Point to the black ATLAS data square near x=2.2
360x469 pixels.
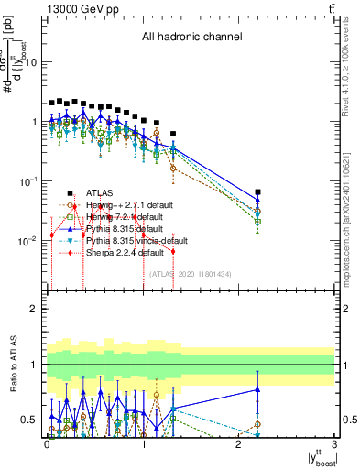pyautogui.click(x=257, y=192)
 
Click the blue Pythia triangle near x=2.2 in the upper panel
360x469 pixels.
pyautogui.click(x=257, y=201)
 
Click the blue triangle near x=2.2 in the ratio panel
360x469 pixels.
pyautogui.click(x=257, y=389)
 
